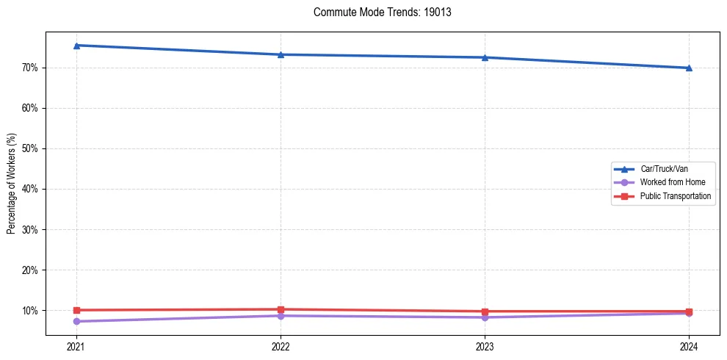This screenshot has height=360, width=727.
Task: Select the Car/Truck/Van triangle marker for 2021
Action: click(x=76, y=46)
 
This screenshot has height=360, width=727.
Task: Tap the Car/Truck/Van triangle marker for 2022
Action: click(x=281, y=54)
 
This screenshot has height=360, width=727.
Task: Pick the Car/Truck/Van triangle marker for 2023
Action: click(x=485, y=57)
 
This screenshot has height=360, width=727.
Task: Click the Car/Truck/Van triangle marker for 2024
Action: click(x=689, y=68)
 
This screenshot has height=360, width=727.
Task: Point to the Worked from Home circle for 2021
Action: click(x=76, y=321)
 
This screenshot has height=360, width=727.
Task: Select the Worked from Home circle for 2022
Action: click(x=281, y=315)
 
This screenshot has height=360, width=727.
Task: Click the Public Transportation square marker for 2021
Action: click(x=76, y=310)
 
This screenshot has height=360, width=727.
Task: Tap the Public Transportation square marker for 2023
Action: click(x=485, y=312)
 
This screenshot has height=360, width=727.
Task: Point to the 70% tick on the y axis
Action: click(x=29, y=68)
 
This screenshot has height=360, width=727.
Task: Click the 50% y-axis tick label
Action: click(x=29, y=148)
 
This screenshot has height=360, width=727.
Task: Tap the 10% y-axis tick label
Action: click(x=29, y=311)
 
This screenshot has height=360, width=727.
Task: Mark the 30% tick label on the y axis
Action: click(x=29, y=230)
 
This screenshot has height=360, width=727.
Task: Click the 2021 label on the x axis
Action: click(x=76, y=345)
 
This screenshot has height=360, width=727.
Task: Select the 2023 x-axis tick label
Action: click(x=485, y=345)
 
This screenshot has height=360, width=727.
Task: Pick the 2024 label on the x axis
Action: click(x=689, y=345)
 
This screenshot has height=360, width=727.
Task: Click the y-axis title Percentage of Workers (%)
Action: click(x=11, y=184)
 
